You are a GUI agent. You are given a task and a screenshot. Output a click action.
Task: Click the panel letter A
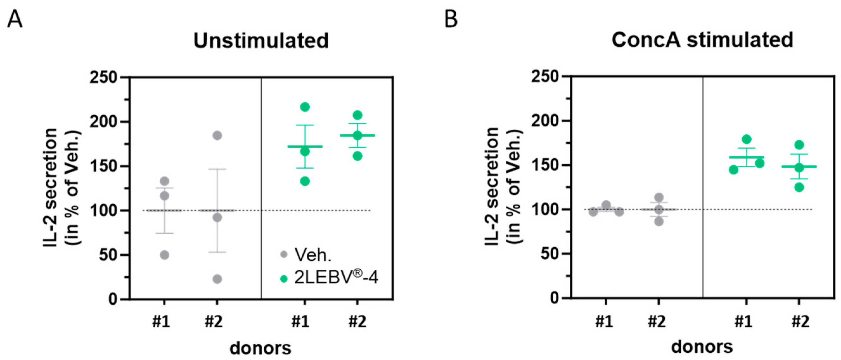(x=15, y=20)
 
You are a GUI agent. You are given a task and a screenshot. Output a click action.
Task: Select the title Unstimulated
(x=261, y=41)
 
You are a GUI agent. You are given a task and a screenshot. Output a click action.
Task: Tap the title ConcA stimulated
(x=702, y=40)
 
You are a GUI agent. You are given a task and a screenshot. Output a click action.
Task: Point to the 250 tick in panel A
(x=103, y=78)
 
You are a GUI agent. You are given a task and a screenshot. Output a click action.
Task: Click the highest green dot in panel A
(x=305, y=107)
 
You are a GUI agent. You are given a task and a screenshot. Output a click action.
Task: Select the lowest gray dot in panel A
(x=217, y=279)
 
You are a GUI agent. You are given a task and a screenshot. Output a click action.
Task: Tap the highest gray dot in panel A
(x=217, y=135)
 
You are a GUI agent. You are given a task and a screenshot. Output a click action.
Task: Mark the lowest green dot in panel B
(x=799, y=187)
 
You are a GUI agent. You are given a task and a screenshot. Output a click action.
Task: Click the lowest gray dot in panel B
(x=659, y=222)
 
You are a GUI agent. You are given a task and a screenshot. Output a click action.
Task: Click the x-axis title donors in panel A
(x=260, y=348)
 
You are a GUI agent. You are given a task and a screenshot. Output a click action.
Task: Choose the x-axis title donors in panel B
(x=702, y=347)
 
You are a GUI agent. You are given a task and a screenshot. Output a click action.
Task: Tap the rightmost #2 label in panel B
(x=800, y=322)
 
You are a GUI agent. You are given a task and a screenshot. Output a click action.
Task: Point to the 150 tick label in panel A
(x=103, y=166)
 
